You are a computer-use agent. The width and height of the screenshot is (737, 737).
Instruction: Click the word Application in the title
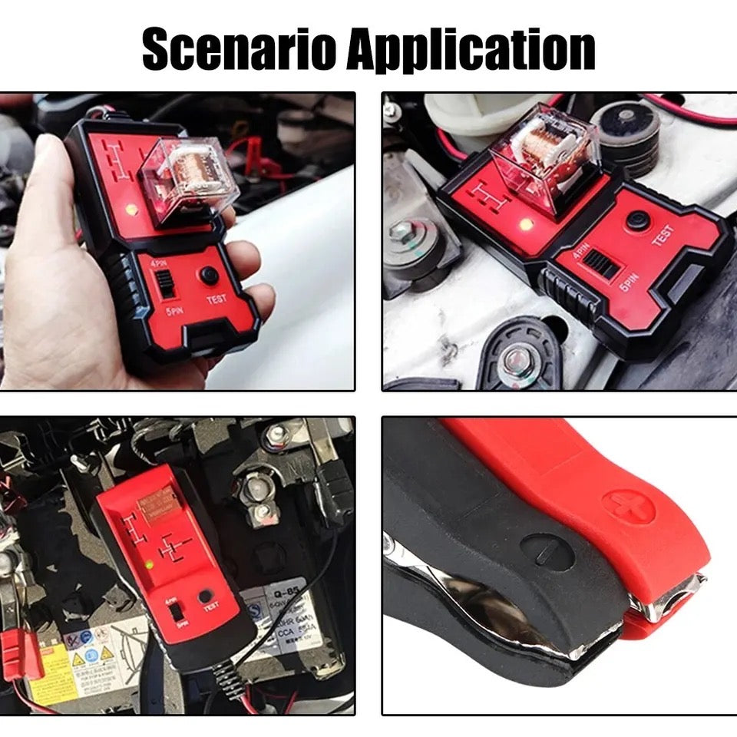(471, 51)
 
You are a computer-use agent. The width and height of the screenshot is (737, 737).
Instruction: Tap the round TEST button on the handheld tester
(209, 276)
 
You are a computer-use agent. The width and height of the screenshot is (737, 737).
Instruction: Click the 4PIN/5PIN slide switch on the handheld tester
(167, 288)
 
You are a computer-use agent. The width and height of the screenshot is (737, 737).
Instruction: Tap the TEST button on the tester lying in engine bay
(636, 220)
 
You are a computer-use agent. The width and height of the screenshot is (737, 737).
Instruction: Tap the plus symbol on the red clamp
(628, 507)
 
